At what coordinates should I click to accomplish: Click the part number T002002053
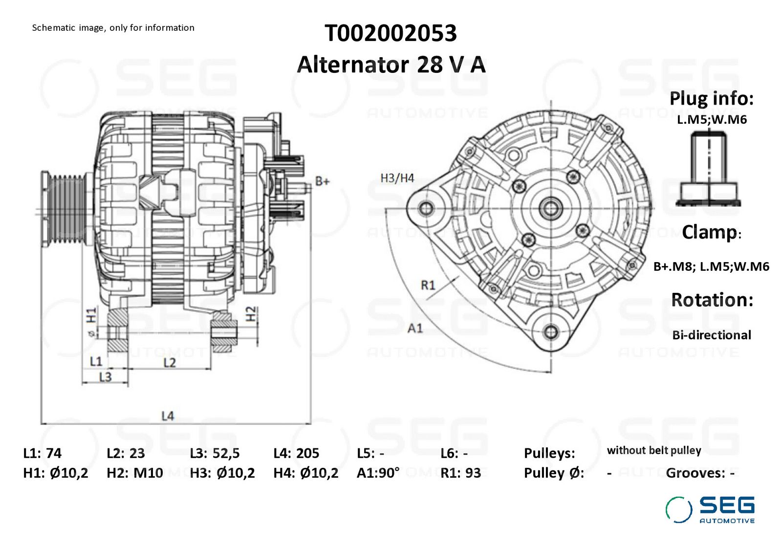[x=391, y=34]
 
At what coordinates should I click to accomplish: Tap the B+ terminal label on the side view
[x=322, y=181]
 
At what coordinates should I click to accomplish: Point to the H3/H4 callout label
[x=397, y=178]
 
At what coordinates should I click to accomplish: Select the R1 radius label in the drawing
[x=428, y=285]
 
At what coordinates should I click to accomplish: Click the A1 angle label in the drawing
[x=415, y=328]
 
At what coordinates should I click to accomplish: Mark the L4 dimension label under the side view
[x=168, y=416]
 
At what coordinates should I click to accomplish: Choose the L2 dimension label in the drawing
[x=170, y=363]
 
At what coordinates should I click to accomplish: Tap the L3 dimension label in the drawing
[x=105, y=377]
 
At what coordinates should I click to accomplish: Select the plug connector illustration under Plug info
[x=708, y=169]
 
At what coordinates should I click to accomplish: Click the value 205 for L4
[x=307, y=453]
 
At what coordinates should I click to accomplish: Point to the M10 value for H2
[x=149, y=473]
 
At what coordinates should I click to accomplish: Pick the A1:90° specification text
[x=378, y=473]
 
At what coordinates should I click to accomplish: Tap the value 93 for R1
[x=474, y=473]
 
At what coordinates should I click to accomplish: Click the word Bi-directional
[x=712, y=335]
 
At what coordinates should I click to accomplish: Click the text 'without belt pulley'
[x=654, y=450]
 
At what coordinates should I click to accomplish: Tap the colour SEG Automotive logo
[x=710, y=509]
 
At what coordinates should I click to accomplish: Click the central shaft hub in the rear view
[x=550, y=209]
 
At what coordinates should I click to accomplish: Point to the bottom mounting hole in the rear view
[x=550, y=331]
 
